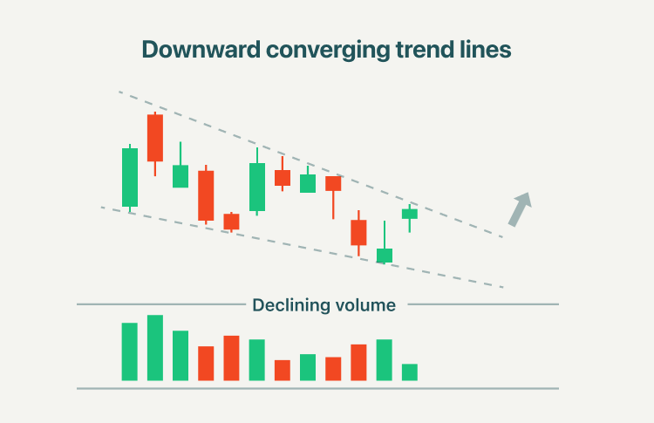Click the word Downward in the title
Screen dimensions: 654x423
[x=201, y=50]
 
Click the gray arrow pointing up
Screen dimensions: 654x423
[x=520, y=209]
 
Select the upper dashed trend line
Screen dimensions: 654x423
[x=310, y=164]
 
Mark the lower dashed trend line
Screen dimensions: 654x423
[x=303, y=248]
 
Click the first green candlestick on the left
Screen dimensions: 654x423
[x=130, y=177]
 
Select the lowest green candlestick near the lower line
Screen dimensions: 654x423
[x=385, y=256]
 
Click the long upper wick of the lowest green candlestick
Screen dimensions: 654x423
[x=385, y=235]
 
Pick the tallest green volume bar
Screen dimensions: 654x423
[x=155, y=348]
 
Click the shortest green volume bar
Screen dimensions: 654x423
[x=410, y=372]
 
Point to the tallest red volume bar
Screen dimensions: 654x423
[x=231, y=358]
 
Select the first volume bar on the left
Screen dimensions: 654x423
[x=130, y=351]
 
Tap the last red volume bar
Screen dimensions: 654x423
[x=358, y=363]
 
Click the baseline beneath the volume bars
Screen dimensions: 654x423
[x=317, y=388]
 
